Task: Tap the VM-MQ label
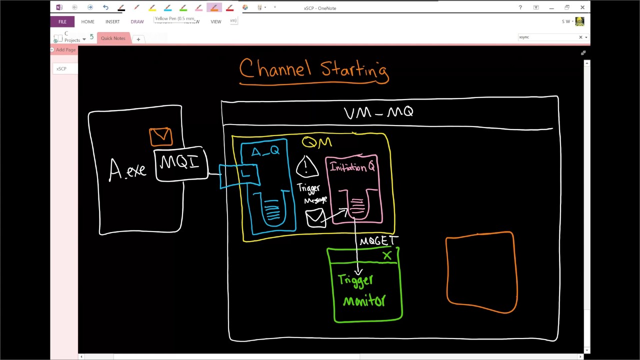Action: [378, 112]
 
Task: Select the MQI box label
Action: [179, 163]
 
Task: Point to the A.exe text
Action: [127, 170]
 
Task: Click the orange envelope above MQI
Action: [160, 136]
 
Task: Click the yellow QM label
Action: [317, 142]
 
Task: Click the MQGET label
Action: [378, 241]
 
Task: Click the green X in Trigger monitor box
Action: [387, 256]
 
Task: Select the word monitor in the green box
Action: [364, 300]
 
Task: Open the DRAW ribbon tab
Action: [137, 21]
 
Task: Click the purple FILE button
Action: [62, 21]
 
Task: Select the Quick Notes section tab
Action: [113, 38]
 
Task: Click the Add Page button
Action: [64, 49]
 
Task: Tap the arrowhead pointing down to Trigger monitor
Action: [358, 271]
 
